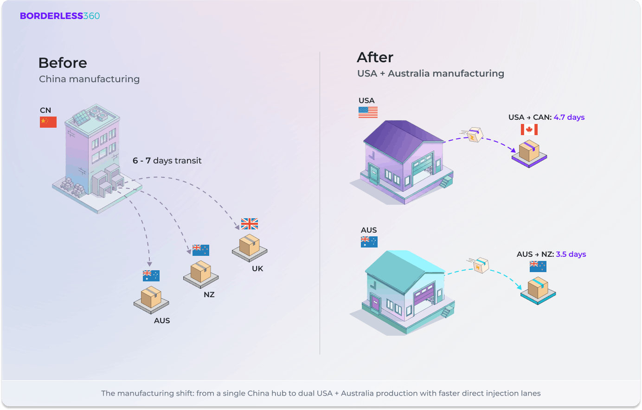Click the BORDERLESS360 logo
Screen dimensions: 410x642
tap(60, 16)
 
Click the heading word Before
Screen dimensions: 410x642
tap(63, 63)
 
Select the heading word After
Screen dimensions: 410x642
tap(375, 57)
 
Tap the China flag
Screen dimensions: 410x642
tap(48, 122)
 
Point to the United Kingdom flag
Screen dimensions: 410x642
tap(250, 224)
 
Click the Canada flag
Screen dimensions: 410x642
tap(529, 130)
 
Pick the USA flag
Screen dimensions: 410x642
tap(368, 112)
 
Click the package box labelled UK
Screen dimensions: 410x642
tap(250, 245)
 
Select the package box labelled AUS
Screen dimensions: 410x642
tap(151, 298)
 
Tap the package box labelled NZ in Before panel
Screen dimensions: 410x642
tap(201, 272)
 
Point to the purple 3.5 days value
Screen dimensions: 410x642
tap(571, 254)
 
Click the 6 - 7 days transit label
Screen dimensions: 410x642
tap(167, 161)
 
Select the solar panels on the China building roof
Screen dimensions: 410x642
tap(82, 117)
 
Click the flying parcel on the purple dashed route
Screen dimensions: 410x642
tap(474, 135)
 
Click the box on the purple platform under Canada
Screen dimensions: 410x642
tap(529, 150)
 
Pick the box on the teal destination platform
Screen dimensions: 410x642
tap(538, 288)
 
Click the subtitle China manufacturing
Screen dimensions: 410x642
tap(89, 79)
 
